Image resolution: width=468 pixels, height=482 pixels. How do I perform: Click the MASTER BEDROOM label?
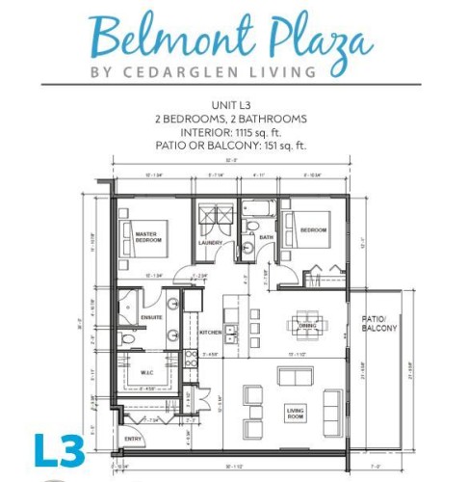tap(145, 238)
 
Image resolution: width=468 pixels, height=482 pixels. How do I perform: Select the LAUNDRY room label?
tap(210, 242)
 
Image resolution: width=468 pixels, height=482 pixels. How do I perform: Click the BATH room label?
tap(267, 236)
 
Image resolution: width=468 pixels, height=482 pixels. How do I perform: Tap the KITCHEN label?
tap(211, 333)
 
